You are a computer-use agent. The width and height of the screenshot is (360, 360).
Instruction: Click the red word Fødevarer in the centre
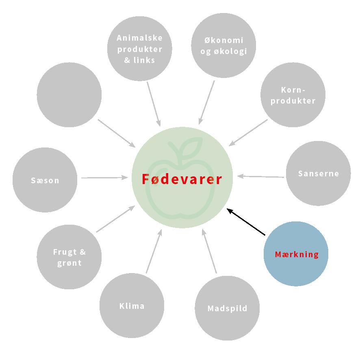[182, 179]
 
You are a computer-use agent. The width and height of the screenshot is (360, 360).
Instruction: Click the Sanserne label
[318, 173]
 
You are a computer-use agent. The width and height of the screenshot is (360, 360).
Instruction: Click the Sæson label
[45, 180]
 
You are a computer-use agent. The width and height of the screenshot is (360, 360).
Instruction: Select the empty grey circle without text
[69, 95]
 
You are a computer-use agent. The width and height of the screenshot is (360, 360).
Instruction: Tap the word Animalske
[139, 38]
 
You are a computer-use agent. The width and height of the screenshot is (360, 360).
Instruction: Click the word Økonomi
[223, 40]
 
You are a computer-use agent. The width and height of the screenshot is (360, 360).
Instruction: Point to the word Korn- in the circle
[293, 90]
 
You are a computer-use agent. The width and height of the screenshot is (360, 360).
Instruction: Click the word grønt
[69, 263]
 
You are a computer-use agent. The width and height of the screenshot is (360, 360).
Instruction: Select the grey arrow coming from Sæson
[104, 178]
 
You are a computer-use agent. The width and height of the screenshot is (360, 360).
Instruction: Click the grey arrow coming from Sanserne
[260, 176]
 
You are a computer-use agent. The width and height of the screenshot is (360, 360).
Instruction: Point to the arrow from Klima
[154, 251]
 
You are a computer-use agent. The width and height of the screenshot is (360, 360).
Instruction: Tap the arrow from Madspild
[210, 251]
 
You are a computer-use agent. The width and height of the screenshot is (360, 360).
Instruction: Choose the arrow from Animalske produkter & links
[154, 104]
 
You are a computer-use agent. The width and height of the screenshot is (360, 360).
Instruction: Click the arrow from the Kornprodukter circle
[248, 132]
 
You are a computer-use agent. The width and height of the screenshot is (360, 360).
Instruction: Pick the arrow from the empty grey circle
[117, 133]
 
